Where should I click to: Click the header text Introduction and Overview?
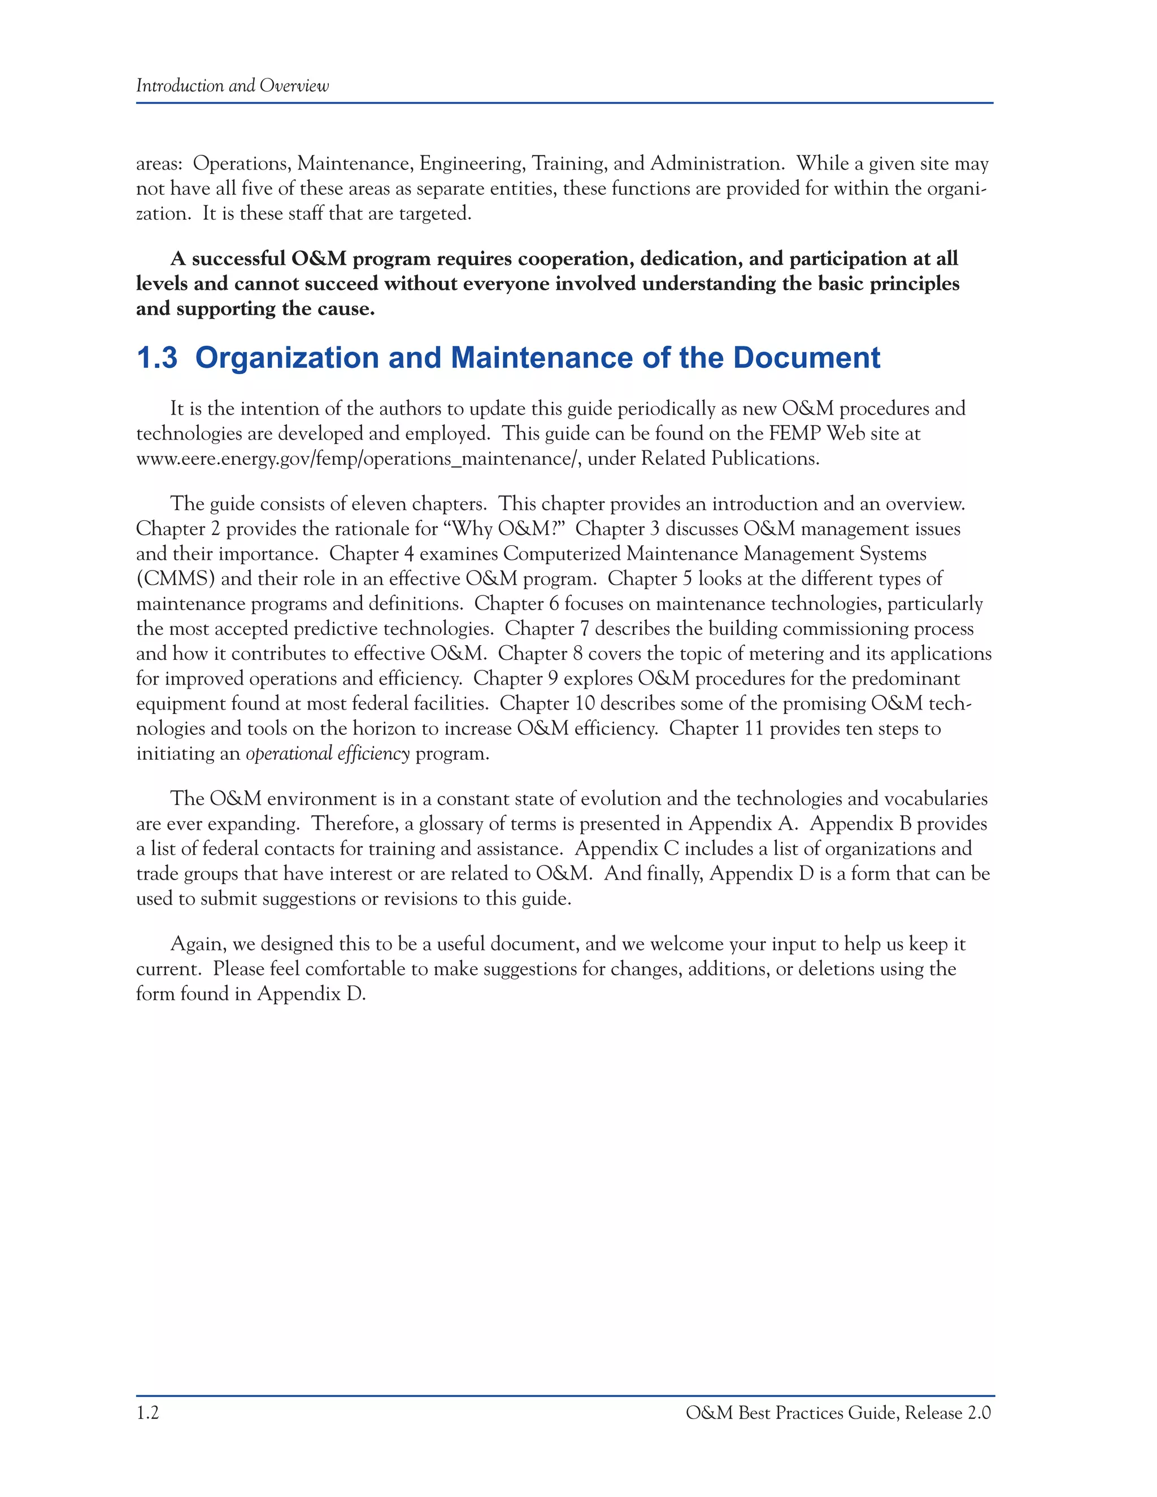click(232, 86)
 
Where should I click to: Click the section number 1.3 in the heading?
click(157, 358)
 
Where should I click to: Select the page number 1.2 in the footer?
click(147, 1413)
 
